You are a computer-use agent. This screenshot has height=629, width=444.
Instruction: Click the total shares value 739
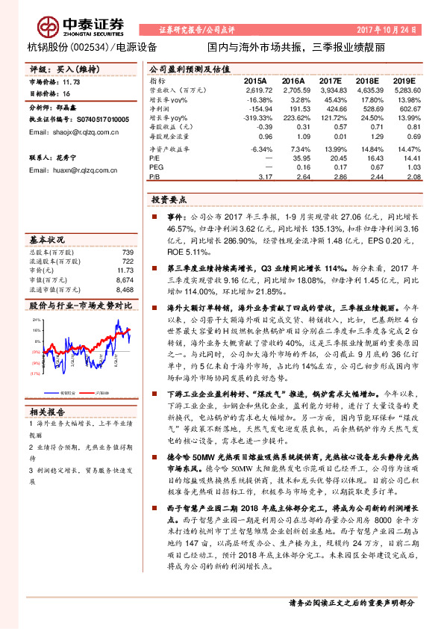[127, 252]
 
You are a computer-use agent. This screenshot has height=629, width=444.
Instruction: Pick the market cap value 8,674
[125, 279]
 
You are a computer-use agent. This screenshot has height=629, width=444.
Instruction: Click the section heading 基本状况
[49, 241]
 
